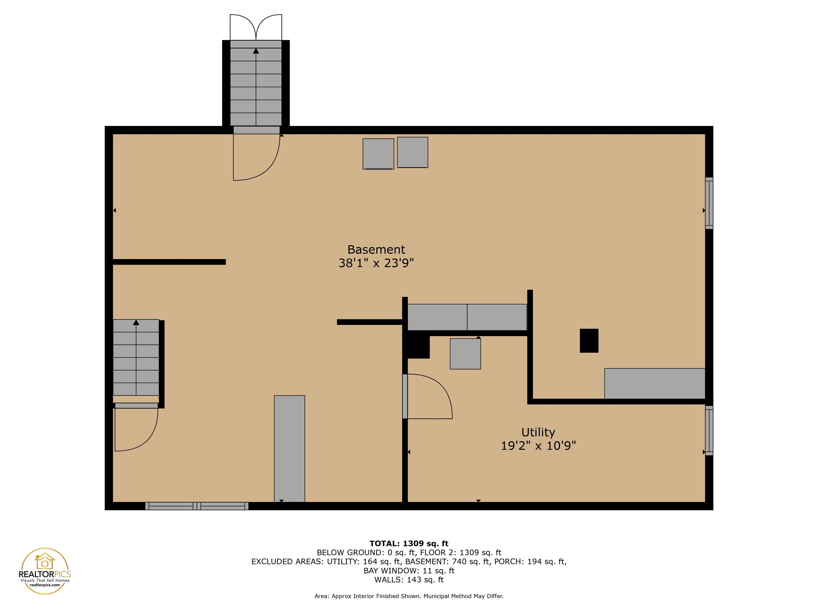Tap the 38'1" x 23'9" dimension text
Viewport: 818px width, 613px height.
(x=376, y=263)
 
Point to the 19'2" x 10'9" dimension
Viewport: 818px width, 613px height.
(x=538, y=446)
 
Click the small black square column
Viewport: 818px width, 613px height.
(x=589, y=341)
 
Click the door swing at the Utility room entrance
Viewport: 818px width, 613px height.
(x=429, y=396)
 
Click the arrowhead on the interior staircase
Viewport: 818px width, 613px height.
(x=136, y=322)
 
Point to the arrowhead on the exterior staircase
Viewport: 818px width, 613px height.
(x=256, y=51)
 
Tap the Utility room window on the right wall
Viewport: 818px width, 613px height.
(x=709, y=430)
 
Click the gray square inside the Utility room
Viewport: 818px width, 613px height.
(x=465, y=354)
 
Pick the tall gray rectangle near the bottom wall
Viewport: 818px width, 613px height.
(x=289, y=449)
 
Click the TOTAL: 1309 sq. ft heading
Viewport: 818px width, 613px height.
(x=409, y=544)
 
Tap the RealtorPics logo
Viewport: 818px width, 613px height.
(x=45, y=571)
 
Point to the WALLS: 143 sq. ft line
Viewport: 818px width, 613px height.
(x=409, y=580)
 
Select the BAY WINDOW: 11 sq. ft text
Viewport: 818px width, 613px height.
(x=409, y=570)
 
